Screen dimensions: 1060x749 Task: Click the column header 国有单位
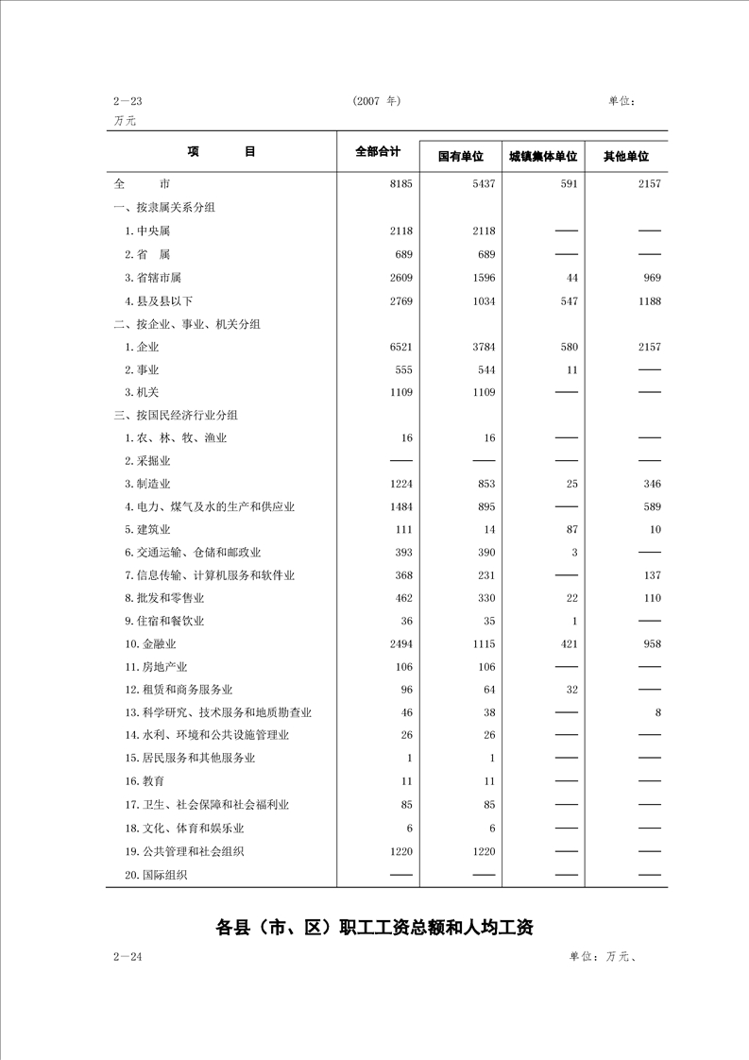tap(460, 156)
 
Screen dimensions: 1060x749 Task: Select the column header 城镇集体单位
tap(542, 156)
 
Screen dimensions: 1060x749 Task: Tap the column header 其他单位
tap(626, 156)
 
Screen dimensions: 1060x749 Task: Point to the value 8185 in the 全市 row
tap(400, 184)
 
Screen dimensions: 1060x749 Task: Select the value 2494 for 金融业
tap(400, 644)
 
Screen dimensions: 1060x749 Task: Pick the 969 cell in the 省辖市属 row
tap(650, 278)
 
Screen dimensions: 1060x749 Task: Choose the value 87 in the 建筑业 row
tap(570, 529)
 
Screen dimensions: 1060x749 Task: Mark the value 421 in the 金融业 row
tap(567, 644)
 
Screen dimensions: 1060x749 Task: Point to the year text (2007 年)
tap(377, 101)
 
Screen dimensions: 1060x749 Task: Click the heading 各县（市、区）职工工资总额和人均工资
tap(375, 927)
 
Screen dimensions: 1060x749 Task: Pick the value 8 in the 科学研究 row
tap(656, 713)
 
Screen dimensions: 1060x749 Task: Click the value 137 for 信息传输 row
tap(650, 575)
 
